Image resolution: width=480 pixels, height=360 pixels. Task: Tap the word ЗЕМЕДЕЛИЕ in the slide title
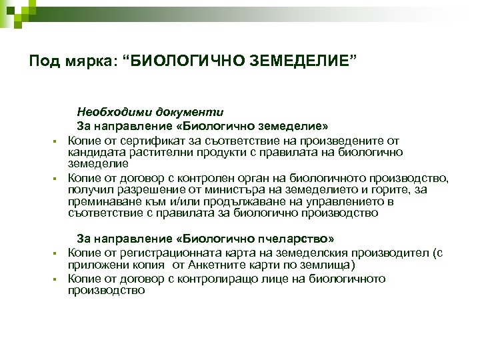pos(305,61)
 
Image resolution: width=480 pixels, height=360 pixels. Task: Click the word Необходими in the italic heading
pos(111,111)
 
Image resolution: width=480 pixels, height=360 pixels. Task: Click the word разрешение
pos(139,190)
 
